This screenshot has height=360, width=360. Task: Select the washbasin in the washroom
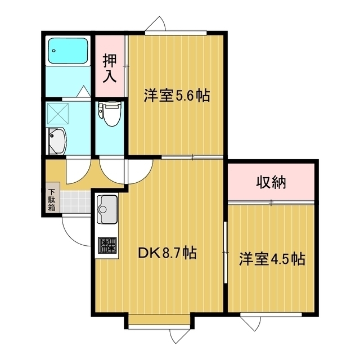[57, 140]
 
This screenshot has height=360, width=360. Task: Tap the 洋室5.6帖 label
[177, 96]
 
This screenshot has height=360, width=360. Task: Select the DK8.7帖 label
[167, 253]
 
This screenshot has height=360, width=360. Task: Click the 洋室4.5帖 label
[272, 259]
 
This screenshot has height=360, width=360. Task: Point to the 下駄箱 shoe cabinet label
[51, 199]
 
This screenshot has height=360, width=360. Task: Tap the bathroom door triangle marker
[83, 91]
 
